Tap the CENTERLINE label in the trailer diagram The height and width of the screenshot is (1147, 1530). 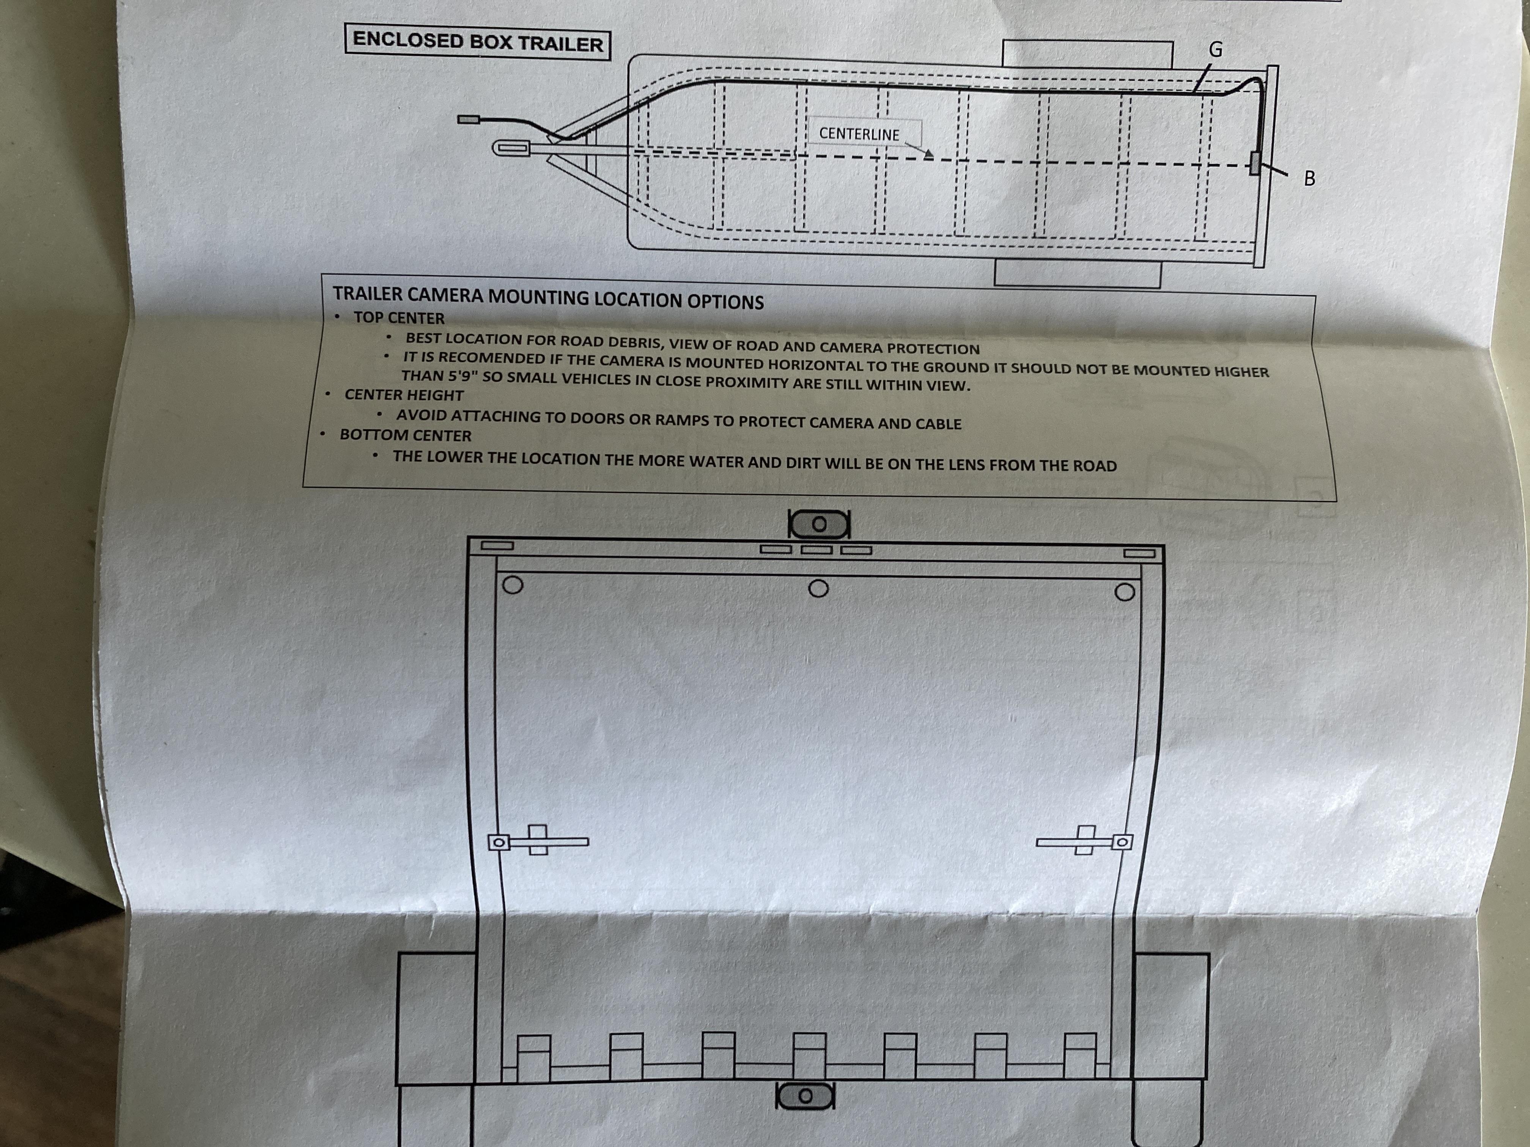click(x=859, y=134)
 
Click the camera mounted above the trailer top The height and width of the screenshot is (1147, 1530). click(x=819, y=524)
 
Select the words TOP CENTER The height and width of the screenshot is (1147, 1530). click(x=399, y=318)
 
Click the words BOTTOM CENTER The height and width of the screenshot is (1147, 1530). click(x=405, y=435)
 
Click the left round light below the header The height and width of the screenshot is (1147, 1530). click(x=513, y=585)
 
